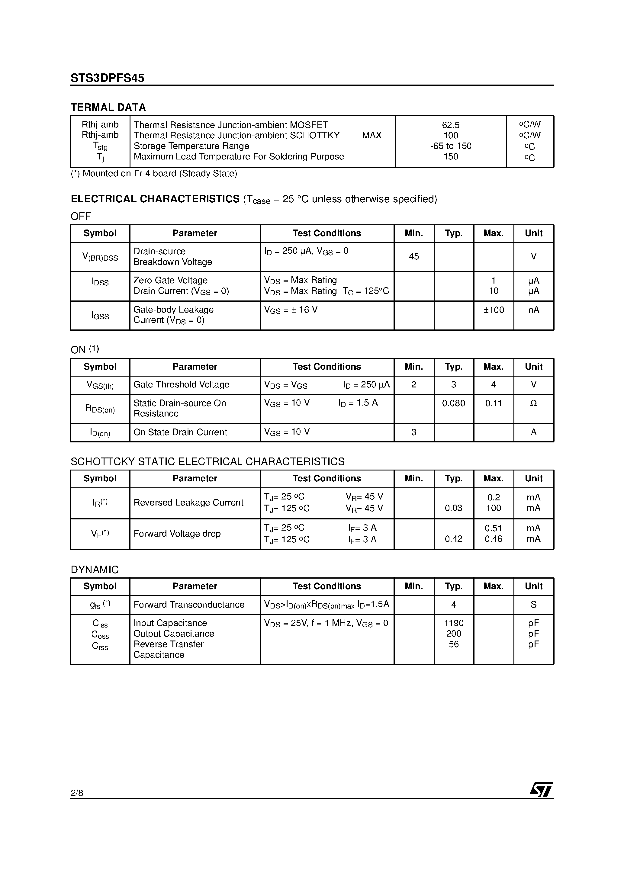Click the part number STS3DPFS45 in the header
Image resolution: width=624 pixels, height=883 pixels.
click(107, 78)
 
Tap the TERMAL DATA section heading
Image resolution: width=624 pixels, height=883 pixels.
click(108, 107)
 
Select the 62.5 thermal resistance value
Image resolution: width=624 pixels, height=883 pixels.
click(451, 125)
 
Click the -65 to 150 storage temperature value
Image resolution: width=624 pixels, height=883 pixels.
click(451, 146)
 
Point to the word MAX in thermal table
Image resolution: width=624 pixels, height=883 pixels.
click(372, 135)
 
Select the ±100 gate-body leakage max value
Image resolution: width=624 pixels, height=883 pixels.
click(494, 310)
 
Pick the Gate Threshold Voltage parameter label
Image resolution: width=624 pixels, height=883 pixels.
click(181, 385)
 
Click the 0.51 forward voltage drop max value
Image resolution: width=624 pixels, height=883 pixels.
click(494, 528)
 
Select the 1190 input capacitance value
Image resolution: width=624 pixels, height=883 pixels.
click(454, 623)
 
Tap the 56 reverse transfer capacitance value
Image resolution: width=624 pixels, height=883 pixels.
click(454, 644)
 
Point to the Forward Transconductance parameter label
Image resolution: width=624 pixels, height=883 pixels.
click(189, 605)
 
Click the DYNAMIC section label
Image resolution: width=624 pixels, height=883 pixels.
click(95, 570)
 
